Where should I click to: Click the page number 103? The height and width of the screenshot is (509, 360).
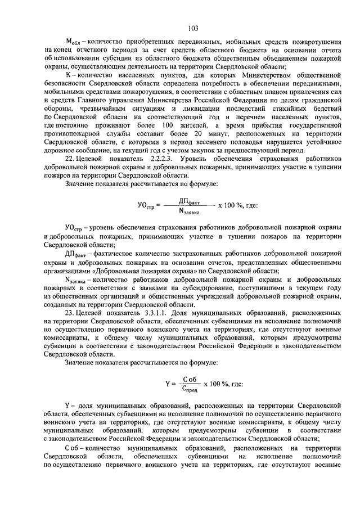(x=193, y=27)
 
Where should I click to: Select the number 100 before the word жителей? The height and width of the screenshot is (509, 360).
(x=168, y=125)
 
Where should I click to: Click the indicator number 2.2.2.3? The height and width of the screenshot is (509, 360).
(x=156, y=159)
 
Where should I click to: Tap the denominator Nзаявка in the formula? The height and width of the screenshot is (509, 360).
(x=190, y=211)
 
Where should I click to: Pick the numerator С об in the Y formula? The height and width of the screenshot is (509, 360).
(x=191, y=379)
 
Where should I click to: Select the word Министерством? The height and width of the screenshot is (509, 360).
(x=236, y=75)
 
